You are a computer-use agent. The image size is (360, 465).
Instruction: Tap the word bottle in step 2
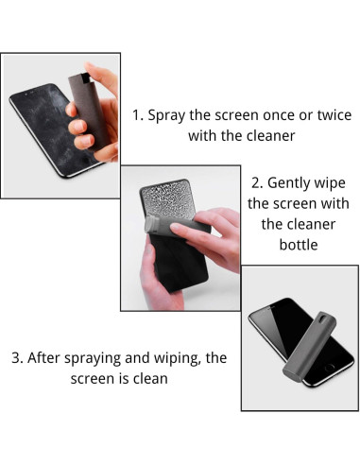tap(298, 244)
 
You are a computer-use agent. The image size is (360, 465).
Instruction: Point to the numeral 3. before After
tap(17, 358)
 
